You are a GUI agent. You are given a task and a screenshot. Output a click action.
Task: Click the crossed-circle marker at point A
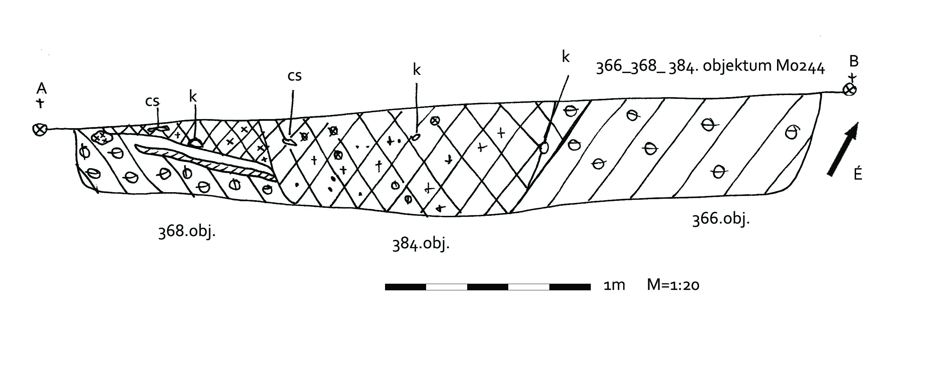39,129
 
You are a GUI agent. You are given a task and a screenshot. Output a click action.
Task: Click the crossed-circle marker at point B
849,89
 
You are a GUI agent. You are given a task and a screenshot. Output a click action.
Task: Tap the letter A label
42,88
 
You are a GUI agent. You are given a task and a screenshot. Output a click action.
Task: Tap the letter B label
854,62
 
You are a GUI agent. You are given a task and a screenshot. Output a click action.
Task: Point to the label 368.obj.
187,232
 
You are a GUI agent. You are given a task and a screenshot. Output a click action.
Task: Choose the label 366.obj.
721,219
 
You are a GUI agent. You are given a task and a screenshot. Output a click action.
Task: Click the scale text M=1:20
673,285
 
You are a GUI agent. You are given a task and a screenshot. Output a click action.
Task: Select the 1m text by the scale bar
614,285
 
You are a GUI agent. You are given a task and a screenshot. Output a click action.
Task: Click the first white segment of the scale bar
446,287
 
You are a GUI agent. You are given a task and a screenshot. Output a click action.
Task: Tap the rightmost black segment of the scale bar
570,287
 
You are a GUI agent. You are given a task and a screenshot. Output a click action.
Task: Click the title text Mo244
800,67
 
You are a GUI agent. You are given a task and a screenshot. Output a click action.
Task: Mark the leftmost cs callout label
152,102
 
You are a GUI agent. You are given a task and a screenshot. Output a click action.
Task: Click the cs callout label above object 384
295,76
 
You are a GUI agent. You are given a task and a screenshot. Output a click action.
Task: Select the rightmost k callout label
565,57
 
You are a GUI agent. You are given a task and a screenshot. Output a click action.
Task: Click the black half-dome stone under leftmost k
195,143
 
